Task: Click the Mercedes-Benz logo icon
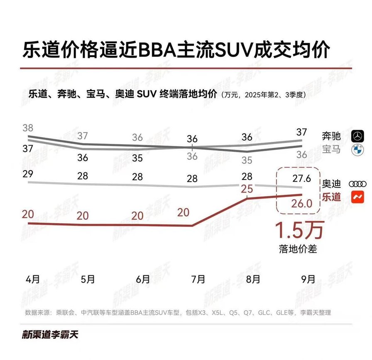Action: (x=357, y=135)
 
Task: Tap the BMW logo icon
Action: (x=357, y=150)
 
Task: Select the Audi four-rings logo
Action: (x=357, y=183)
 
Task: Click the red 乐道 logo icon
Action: (x=357, y=197)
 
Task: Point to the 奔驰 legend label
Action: (x=331, y=135)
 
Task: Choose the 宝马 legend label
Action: (x=331, y=149)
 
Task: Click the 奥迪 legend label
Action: (x=331, y=183)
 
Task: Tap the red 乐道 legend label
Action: (x=331, y=197)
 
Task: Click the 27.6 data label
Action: (x=301, y=179)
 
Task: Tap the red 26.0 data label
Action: (x=301, y=203)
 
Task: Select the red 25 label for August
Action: (x=247, y=189)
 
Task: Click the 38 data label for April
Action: (x=28, y=128)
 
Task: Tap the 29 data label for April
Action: (x=28, y=174)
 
